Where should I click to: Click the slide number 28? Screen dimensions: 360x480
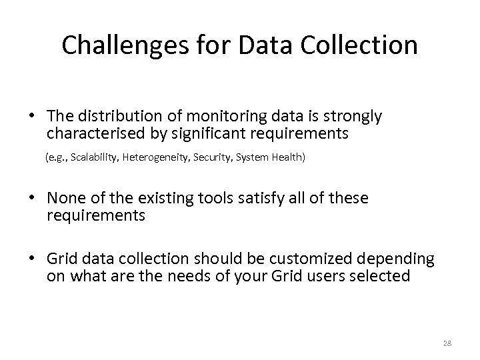447,343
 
